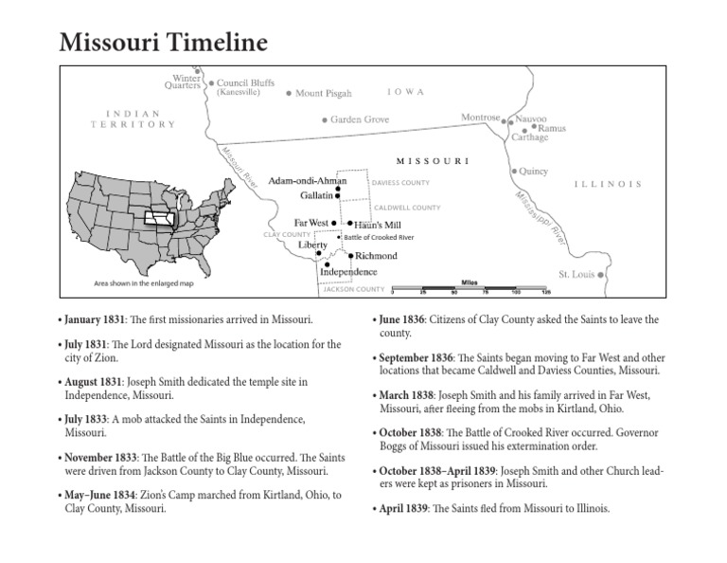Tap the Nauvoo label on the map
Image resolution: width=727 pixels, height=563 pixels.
coord(532,118)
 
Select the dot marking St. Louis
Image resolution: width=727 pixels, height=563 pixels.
coord(600,275)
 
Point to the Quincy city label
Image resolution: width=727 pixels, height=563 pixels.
coord(534,172)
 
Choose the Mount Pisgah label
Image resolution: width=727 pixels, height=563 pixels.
coord(324,94)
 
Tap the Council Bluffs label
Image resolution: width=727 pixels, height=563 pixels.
coord(245,82)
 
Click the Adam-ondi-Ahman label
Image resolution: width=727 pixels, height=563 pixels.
coord(308,180)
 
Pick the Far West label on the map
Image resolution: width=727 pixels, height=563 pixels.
coord(310,223)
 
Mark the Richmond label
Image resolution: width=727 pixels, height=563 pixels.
coord(376,256)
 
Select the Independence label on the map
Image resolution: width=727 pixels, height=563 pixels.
coord(348,272)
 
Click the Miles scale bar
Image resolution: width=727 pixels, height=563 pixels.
coord(469,287)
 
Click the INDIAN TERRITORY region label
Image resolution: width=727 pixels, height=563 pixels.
coord(133,118)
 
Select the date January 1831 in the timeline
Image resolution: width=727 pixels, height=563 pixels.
coord(92,321)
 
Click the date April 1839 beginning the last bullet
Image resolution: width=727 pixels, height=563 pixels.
coord(401,508)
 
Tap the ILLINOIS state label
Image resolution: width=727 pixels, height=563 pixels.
coord(608,184)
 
